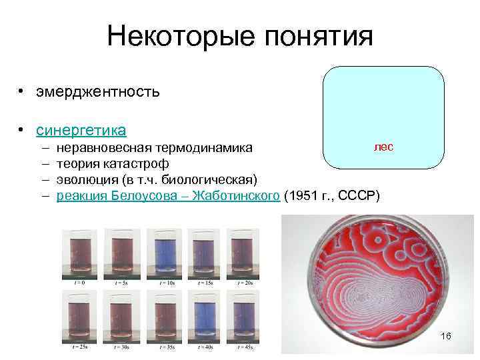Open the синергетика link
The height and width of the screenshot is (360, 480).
point(82,129)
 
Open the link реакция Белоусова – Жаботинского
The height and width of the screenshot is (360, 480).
point(167,195)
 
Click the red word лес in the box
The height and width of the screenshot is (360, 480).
point(383,146)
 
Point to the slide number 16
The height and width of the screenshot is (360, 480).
point(446,336)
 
